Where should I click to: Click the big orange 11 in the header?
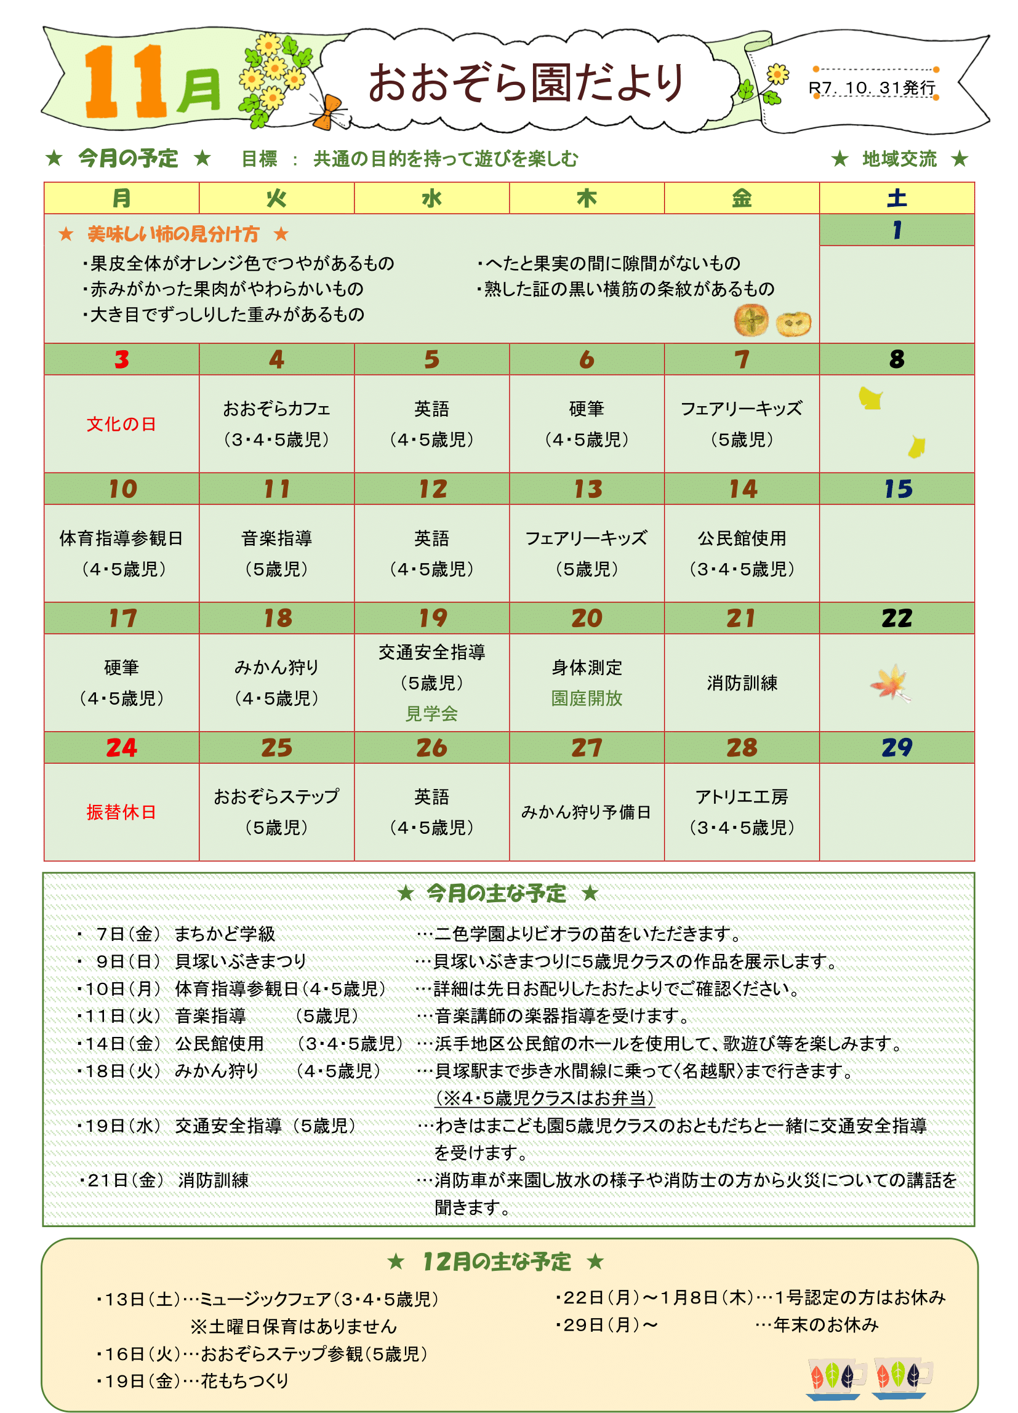[x=124, y=81]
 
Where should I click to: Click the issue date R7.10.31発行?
[x=872, y=88]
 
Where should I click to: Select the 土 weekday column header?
[x=897, y=198]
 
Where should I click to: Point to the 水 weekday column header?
[x=431, y=198]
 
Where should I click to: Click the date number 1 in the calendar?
[x=897, y=231]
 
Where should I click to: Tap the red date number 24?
[x=121, y=747]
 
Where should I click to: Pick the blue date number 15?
[x=897, y=489]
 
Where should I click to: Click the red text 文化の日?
[x=121, y=424]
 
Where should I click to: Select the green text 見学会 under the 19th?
[x=431, y=713]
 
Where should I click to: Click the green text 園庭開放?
[x=587, y=698]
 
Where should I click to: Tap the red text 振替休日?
[x=121, y=812]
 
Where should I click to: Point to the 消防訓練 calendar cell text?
[x=742, y=683]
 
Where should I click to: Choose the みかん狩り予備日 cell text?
[x=587, y=812]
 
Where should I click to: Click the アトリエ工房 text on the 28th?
[x=742, y=797]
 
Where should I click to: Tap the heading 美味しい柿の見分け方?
[x=173, y=234]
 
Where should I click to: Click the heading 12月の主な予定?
[x=497, y=1262]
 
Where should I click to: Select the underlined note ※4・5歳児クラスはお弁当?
[x=545, y=1098]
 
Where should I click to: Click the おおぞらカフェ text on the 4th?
[x=276, y=409]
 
